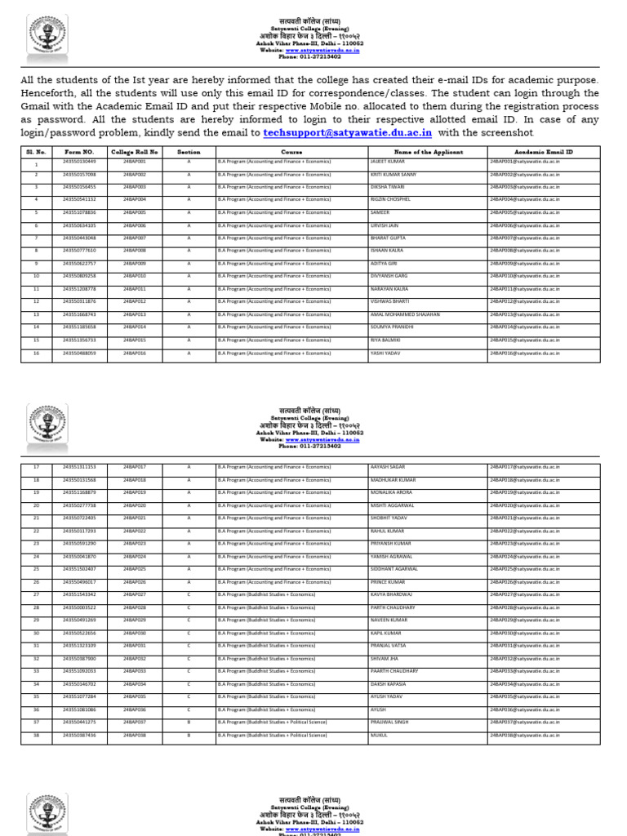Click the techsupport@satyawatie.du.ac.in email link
tap(349, 132)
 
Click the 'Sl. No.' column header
tap(36, 152)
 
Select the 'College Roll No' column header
tap(135, 152)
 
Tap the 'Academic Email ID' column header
tap(544, 152)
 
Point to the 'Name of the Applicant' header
tap(428, 152)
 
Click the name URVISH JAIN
tap(386, 225)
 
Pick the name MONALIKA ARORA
tap(391, 492)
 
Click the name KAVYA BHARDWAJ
tap(391, 594)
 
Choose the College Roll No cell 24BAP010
tap(135, 276)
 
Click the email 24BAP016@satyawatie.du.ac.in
tap(525, 353)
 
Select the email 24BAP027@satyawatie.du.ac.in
tap(525, 594)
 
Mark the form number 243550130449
tap(79, 162)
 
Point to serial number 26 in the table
tap(36, 581)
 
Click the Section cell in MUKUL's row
tap(189, 735)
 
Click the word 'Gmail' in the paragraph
tap(36, 106)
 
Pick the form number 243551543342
tap(79, 594)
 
